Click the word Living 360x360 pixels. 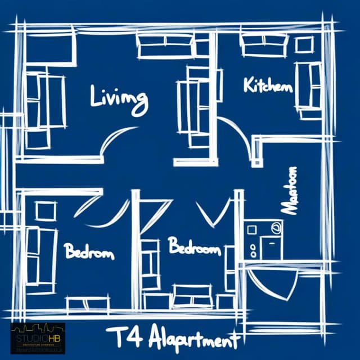point(119,100)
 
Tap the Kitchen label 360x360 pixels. point(268,85)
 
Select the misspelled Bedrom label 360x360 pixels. point(89,251)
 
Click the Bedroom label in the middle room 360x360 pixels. point(194,246)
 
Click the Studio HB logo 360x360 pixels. point(38,337)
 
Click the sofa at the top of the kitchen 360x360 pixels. point(264,45)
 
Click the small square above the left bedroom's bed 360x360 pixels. point(45,211)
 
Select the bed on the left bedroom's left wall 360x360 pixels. point(41,256)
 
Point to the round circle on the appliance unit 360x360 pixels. point(276,228)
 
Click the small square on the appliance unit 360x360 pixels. point(251,229)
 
